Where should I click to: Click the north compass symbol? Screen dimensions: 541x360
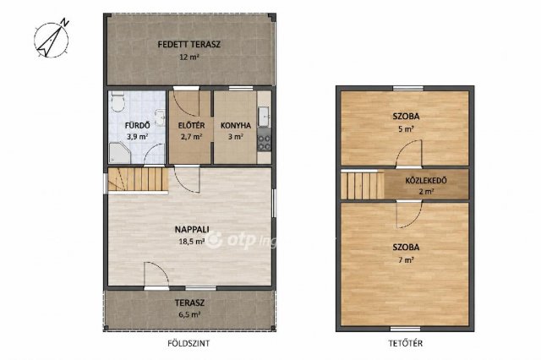tap(52, 38)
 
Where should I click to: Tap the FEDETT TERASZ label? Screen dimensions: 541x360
tap(189, 45)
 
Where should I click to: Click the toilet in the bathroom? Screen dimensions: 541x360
tap(117, 102)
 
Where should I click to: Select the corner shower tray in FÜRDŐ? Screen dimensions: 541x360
tap(119, 153)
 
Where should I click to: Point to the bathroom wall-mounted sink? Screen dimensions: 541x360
tap(160, 117)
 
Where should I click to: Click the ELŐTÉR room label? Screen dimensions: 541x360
tap(191, 126)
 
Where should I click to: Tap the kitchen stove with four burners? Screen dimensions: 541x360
tap(264, 139)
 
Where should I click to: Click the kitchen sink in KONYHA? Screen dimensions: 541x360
tap(265, 117)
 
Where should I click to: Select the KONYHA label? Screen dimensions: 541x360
tap(236, 126)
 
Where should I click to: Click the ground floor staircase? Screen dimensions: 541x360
tap(138, 179)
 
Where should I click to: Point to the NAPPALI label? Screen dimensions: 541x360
tap(192, 229)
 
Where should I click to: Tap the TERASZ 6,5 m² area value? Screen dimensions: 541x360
tap(189, 314)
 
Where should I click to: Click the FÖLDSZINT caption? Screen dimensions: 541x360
tap(189, 343)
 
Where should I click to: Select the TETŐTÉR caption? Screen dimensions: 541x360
tap(405, 343)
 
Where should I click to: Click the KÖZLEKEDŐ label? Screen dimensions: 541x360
tap(426, 180)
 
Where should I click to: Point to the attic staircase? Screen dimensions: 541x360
tap(363, 186)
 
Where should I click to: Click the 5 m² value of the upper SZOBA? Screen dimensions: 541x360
tap(406, 129)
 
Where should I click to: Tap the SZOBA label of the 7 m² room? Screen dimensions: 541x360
tap(406, 248)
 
